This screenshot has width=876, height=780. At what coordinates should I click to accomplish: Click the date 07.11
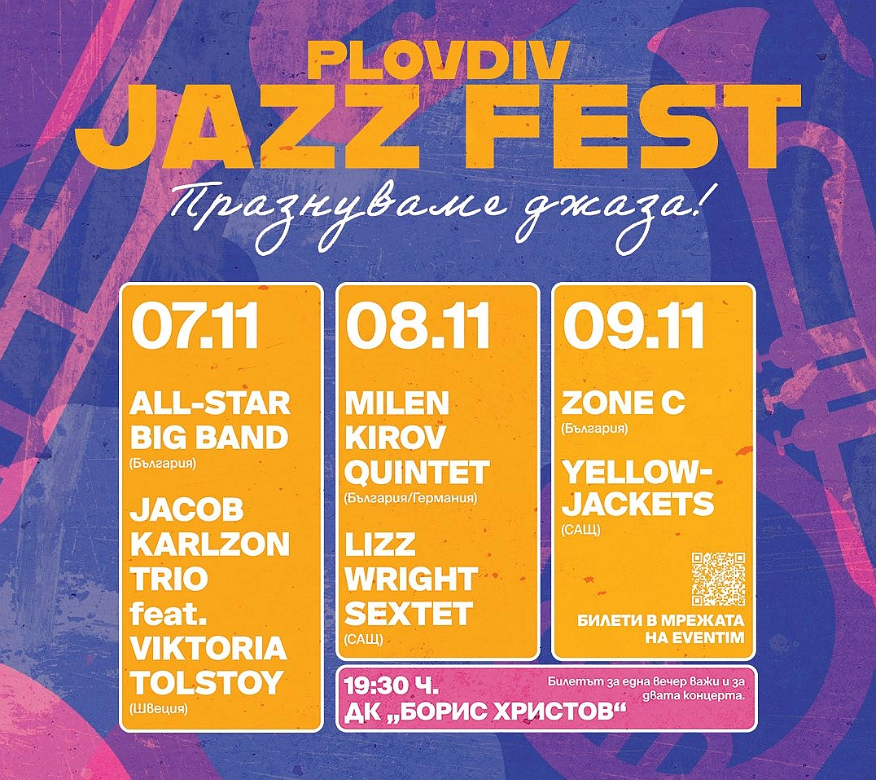click(195, 326)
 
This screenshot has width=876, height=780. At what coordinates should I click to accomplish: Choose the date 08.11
click(418, 326)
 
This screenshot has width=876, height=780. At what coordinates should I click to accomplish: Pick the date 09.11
click(633, 326)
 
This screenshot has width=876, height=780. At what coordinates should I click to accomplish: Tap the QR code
click(718, 579)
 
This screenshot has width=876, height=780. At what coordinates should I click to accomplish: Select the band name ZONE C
click(623, 403)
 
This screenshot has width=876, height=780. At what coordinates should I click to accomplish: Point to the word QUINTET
click(417, 473)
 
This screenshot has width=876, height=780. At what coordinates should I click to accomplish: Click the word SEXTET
click(409, 614)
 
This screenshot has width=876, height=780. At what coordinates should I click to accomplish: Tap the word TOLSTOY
click(207, 683)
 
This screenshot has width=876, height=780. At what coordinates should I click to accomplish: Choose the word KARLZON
click(210, 544)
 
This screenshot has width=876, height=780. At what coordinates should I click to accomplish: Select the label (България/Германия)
click(410, 498)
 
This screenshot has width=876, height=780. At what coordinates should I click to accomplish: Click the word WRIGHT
click(411, 579)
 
